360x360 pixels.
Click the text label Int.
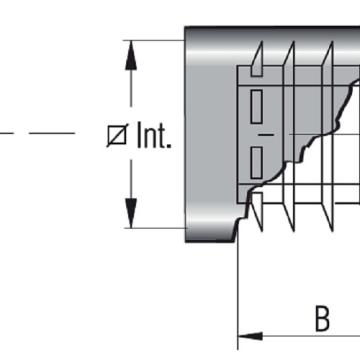pyautogui.click(x=154, y=135)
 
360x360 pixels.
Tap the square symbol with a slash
pyautogui.click(x=117, y=135)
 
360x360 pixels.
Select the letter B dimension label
pyautogui.click(x=322, y=319)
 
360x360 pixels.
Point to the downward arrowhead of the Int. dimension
pyautogui.click(x=131, y=213)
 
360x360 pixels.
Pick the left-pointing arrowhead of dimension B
pyautogui.click(x=250, y=336)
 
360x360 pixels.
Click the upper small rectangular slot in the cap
pyautogui.click(x=256, y=106)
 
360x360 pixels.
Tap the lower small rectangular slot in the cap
pyautogui.click(x=256, y=163)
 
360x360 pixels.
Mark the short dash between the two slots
pyautogui.click(x=266, y=135)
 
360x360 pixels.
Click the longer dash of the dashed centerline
pyautogui.click(x=52, y=133)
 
